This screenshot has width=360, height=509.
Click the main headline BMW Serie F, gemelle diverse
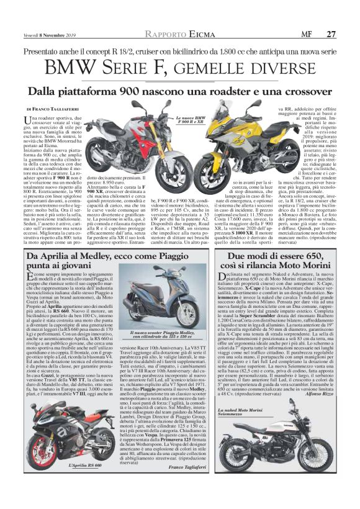pos(179,66)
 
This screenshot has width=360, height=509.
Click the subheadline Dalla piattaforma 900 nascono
pos(179,91)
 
